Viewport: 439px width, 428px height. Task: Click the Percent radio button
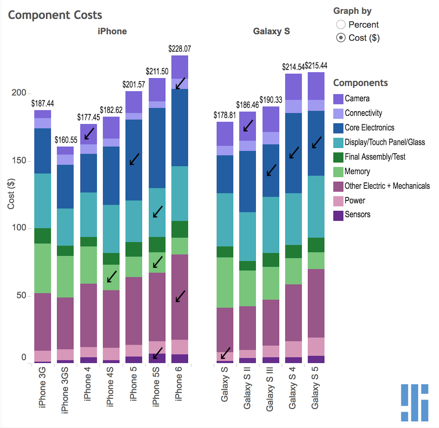click(x=341, y=25)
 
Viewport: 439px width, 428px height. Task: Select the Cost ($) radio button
click(x=341, y=38)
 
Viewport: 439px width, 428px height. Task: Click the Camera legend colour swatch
click(x=338, y=99)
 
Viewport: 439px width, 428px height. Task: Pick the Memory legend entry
click(x=357, y=172)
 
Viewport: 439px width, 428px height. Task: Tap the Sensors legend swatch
click(x=338, y=215)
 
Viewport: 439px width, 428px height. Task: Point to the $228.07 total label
click(x=180, y=49)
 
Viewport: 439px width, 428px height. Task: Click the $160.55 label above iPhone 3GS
click(x=66, y=140)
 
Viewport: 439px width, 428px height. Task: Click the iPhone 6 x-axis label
click(x=179, y=384)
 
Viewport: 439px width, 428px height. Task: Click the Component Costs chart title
click(x=55, y=15)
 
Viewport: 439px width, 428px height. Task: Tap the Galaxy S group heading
click(x=271, y=31)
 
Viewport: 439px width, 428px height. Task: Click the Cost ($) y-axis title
click(x=11, y=194)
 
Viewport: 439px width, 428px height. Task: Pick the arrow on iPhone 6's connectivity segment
click(x=180, y=83)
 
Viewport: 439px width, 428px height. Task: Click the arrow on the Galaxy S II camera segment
click(x=248, y=125)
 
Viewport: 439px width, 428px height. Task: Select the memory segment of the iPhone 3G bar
click(x=43, y=268)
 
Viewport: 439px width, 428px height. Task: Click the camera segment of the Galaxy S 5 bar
click(x=316, y=86)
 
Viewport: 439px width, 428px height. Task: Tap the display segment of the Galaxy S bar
click(x=225, y=219)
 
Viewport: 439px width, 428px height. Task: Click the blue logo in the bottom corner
click(x=414, y=403)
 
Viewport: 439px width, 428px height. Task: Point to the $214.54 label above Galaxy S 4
click(x=293, y=67)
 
